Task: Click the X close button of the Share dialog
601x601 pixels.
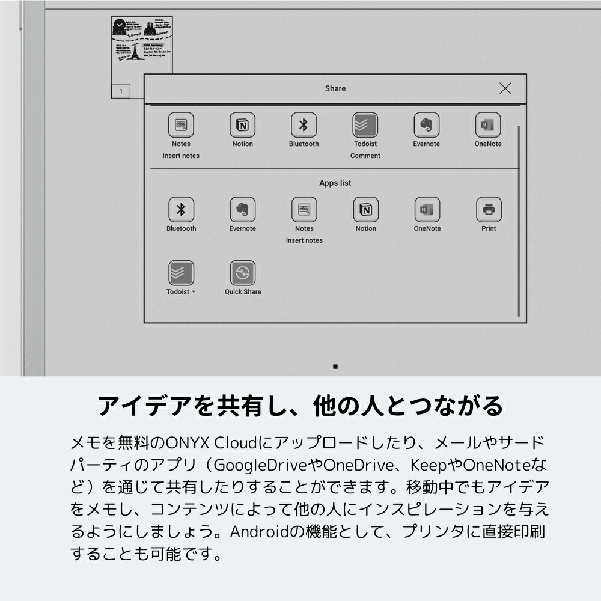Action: click(505, 88)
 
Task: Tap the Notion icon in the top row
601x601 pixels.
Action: click(243, 125)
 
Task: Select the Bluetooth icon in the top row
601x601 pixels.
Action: click(304, 125)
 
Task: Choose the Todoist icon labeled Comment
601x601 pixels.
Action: click(365, 125)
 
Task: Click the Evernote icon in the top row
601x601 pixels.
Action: click(426, 125)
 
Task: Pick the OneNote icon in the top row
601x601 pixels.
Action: click(487, 125)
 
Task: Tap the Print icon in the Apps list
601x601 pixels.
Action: click(489, 210)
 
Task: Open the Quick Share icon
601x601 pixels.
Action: click(243, 273)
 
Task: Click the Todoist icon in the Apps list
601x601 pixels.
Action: click(181, 273)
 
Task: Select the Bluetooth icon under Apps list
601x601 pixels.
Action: click(181, 210)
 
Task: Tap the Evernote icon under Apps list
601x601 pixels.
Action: click(243, 210)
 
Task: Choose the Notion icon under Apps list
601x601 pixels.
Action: click(365, 210)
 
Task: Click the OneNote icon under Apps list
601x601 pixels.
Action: click(427, 210)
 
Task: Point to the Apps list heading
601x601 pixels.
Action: click(335, 183)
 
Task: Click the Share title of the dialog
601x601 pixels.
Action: click(335, 88)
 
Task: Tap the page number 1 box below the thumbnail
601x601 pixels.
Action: click(121, 91)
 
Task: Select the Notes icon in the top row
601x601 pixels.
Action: click(181, 125)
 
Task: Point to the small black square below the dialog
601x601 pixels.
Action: click(335, 366)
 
